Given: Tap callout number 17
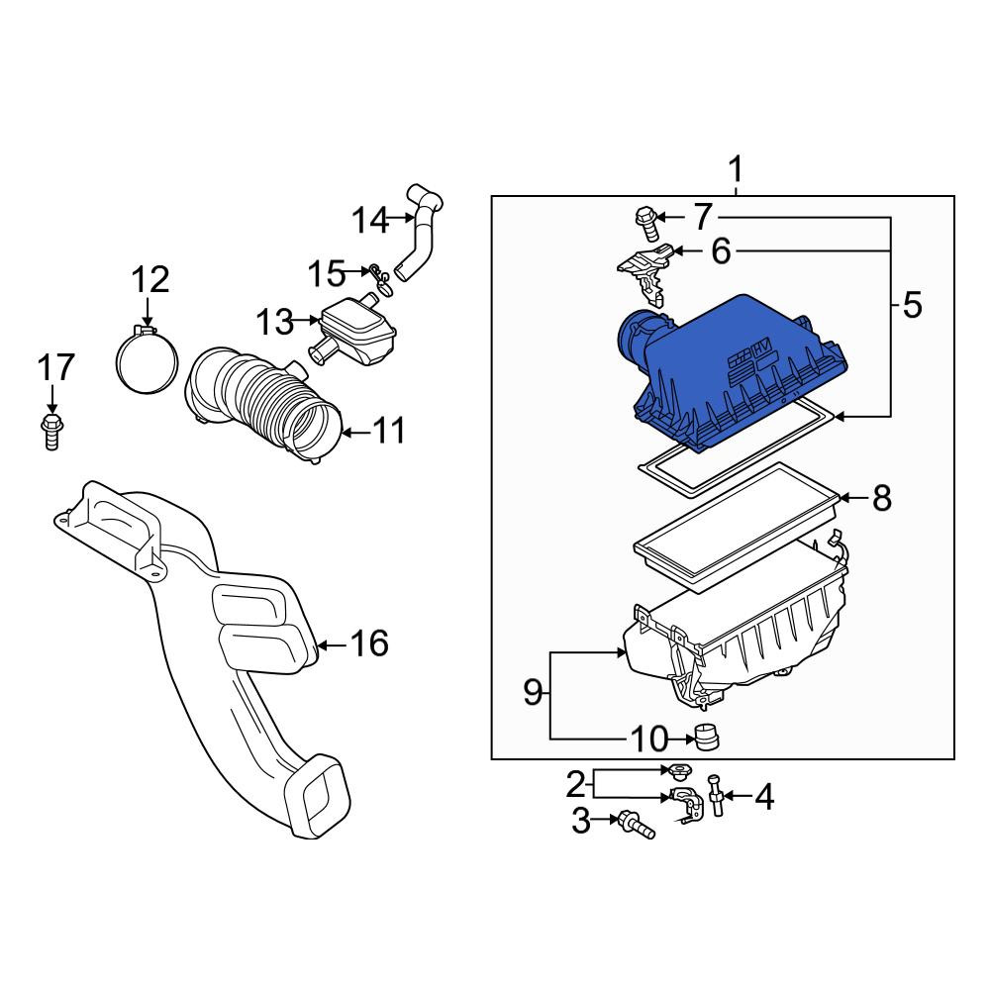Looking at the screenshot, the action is coord(56,368).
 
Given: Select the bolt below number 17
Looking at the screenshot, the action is coord(51,432).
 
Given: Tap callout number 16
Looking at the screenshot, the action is coord(369,643).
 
